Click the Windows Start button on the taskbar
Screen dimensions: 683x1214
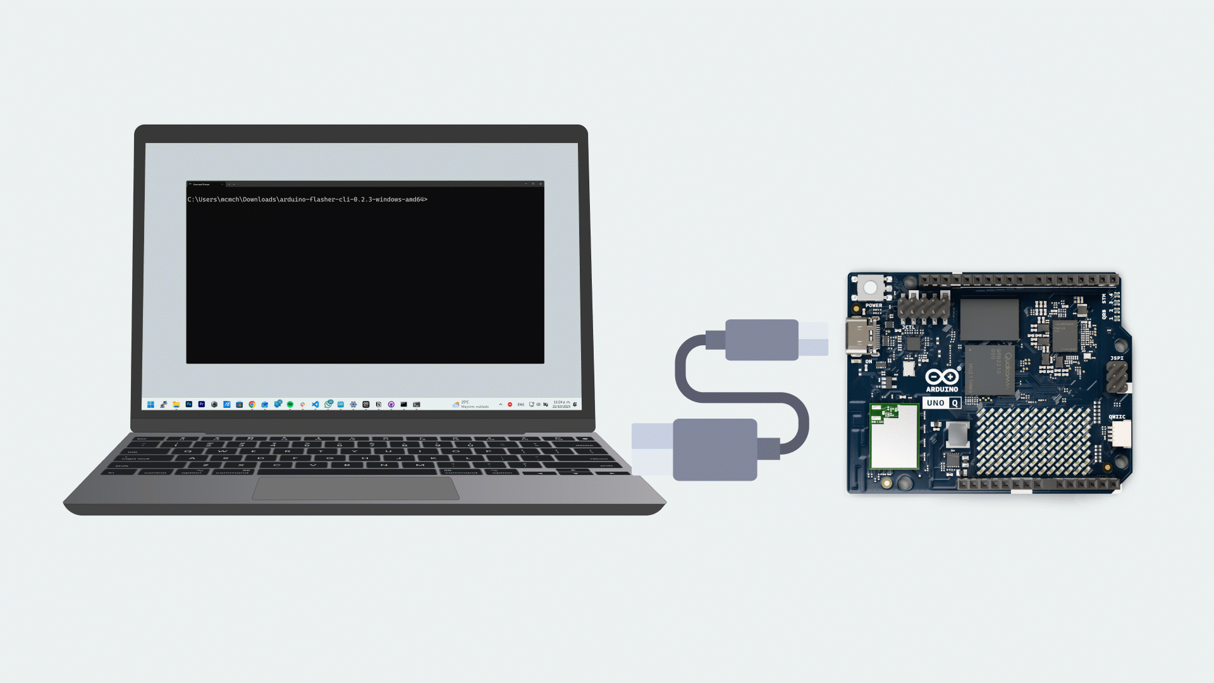point(150,405)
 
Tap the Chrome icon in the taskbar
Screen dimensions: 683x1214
point(252,405)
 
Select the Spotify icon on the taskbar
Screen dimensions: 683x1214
point(290,405)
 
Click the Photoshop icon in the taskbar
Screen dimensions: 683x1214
point(188,405)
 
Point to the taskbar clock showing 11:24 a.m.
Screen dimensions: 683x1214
point(561,404)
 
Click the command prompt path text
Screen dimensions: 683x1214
point(307,200)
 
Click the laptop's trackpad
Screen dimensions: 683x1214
point(356,489)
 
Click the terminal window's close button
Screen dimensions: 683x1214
point(541,184)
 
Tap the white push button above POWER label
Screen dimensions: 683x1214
point(870,288)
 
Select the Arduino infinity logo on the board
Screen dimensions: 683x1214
point(942,377)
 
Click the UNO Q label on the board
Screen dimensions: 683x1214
point(941,403)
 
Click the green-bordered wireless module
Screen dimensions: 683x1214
point(894,436)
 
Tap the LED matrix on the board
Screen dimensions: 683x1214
point(1033,441)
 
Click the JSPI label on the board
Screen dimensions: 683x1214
point(1117,359)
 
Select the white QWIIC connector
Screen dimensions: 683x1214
point(1121,434)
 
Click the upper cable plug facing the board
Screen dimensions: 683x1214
point(762,340)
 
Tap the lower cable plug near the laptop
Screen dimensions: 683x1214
point(714,450)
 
